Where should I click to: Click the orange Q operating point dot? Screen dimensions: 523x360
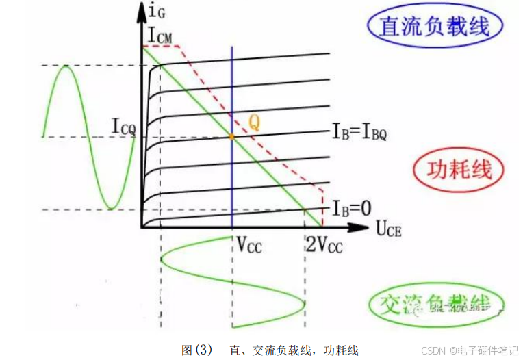232,137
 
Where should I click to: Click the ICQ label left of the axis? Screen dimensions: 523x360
124,126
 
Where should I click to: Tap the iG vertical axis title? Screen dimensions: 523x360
156,11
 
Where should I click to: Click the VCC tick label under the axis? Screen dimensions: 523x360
250,245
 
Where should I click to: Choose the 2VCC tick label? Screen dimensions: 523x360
323,245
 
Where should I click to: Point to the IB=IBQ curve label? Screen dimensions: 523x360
359,132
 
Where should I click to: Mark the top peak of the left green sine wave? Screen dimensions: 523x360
66,66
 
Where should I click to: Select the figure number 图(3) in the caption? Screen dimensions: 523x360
198,350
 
